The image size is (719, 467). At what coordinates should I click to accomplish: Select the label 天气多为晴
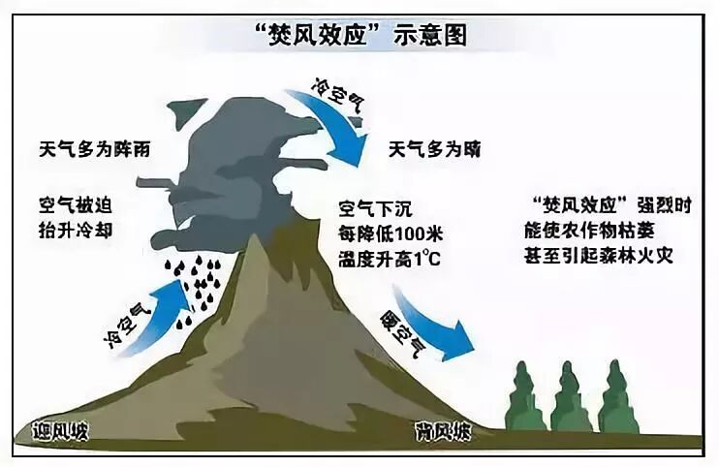tap(435, 150)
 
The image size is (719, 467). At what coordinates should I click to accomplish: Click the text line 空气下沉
tap(376, 208)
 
